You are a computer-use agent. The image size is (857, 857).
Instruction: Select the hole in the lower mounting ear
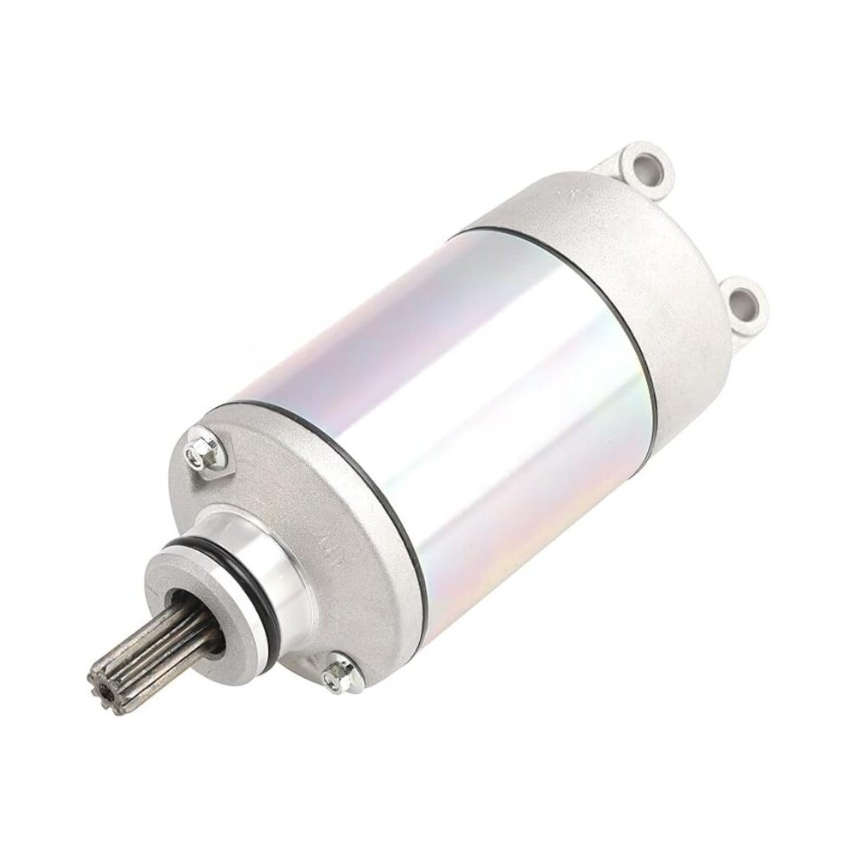[743, 301]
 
